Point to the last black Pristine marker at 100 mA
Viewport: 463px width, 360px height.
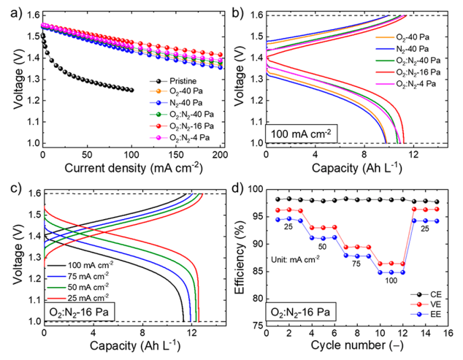click(x=131, y=90)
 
